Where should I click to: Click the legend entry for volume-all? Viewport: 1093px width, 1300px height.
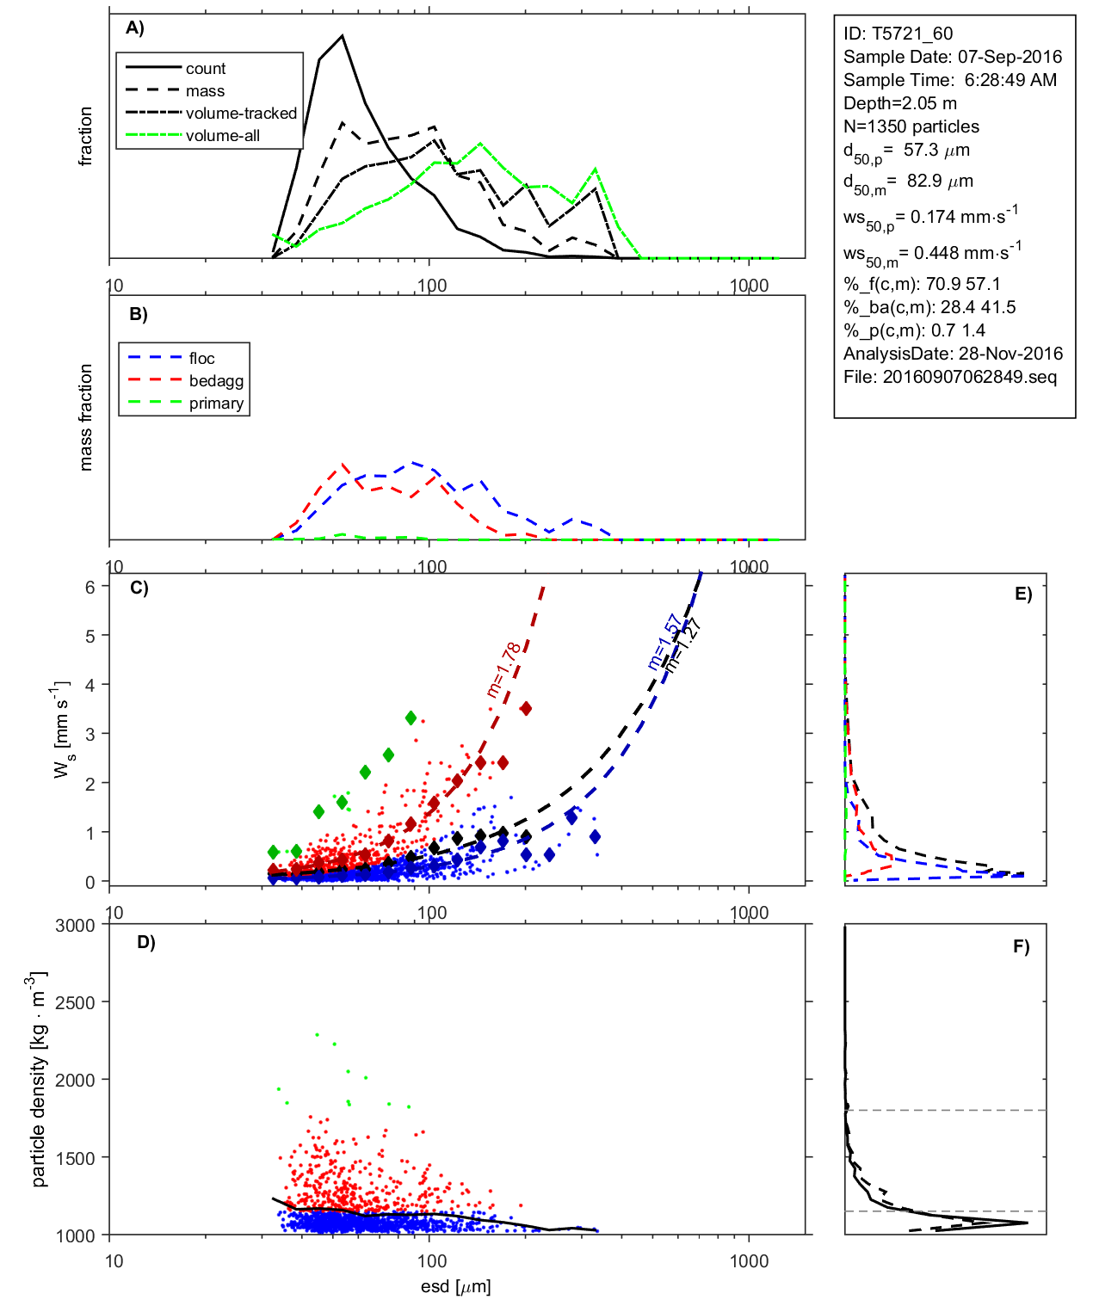[x=222, y=136]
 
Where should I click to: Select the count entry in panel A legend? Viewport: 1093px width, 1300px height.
[x=205, y=69]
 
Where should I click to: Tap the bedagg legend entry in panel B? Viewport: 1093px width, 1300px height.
[x=216, y=381]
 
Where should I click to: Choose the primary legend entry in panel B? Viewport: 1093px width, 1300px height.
[x=216, y=404]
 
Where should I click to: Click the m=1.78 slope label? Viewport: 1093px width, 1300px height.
[x=503, y=669]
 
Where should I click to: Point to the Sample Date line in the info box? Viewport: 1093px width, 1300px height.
[x=952, y=57]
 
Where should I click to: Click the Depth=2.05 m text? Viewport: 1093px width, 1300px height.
[x=899, y=103]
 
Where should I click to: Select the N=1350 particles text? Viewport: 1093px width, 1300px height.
[x=911, y=126]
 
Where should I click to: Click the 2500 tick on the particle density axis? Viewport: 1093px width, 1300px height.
[x=75, y=1003]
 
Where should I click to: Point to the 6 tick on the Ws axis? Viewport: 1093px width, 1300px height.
[x=90, y=587]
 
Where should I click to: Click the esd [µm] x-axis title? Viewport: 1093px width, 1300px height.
[x=455, y=1286]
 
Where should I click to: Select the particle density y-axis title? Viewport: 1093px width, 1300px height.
[x=39, y=1080]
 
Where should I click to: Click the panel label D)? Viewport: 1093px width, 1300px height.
[x=145, y=942]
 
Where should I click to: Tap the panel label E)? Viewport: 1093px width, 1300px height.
[x=1022, y=594]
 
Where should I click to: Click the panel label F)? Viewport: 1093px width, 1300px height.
[x=1021, y=946]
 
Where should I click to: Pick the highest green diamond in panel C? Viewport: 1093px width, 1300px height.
[x=411, y=718]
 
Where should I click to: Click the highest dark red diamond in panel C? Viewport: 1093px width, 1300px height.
[x=526, y=708]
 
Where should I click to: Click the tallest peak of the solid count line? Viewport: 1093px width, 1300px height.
[x=343, y=36]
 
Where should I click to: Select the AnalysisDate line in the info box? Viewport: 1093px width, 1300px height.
[x=953, y=354]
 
